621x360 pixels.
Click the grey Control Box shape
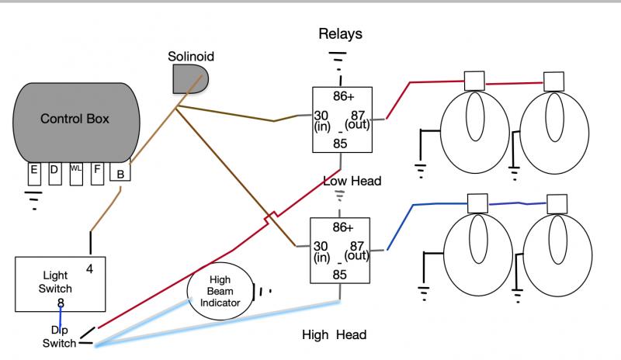click(x=76, y=123)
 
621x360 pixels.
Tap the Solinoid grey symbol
click(x=190, y=79)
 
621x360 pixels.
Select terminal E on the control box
click(x=34, y=174)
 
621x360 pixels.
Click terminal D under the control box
click(x=55, y=174)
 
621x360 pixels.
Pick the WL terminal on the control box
click(x=76, y=174)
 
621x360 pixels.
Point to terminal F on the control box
click(x=97, y=174)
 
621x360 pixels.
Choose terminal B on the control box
click(x=120, y=171)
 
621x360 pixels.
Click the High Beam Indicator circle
click(x=220, y=291)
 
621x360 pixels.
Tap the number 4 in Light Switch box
click(x=89, y=269)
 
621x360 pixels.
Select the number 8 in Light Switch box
click(x=61, y=303)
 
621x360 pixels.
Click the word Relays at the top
click(x=340, y=33)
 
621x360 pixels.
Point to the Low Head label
click(x=352, y=181)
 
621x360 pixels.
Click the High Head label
click(x=334, y=334)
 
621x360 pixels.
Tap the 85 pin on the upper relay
click(x=340, y=144)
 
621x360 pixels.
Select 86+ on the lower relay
click(x=343, y=227)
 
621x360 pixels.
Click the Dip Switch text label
click(x=60, y=337)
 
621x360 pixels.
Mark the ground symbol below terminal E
click(x=33, y=200)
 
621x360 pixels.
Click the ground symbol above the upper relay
click(x=338, y=61)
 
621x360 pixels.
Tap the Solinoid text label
click(x=191, y=56)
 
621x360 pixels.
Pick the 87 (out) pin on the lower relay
click(x=357, y=251)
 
